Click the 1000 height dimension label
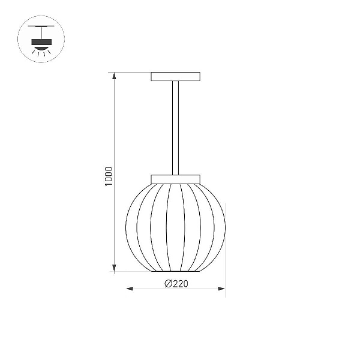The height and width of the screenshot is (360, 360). tap(109, 176)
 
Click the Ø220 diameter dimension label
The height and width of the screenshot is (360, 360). tap(176, 284)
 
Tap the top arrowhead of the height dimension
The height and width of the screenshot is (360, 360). tap(114, 76)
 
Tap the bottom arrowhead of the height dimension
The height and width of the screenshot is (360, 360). tap(114, 268)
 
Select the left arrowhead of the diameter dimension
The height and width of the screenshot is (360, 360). tap(130, 289)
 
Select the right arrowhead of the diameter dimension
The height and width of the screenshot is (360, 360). tap(221, 289)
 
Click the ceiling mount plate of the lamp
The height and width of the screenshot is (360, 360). tap(175, 76)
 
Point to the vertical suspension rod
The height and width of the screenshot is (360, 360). tap(175, 128)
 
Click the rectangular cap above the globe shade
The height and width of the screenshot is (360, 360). tap(175, 179)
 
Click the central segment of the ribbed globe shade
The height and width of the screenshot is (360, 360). tap(175, 227)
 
